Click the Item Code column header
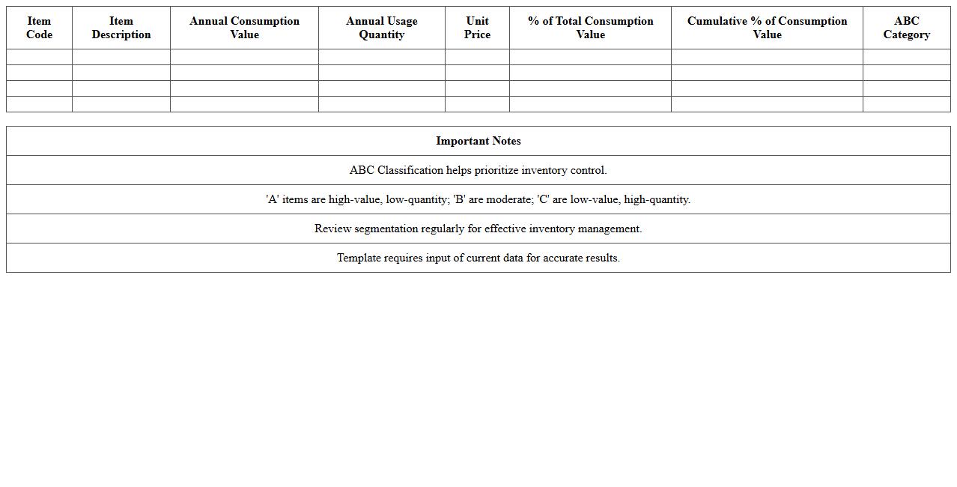click(39, 28)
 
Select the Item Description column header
click(121, 28)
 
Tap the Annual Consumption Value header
click(244, 28)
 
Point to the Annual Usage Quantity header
click(381, 28)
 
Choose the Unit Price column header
click(477, 28)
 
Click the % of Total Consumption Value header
click(590, 28)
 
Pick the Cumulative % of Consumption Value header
click(767, 28)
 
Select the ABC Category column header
click(906, 28)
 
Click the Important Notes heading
click(478, 141)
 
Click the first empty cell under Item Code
click(39, 57)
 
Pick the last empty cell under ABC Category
click(906, 104)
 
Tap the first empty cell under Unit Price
click(477, 57)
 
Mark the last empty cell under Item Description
click(121, 104)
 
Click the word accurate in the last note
click(563, 258)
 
